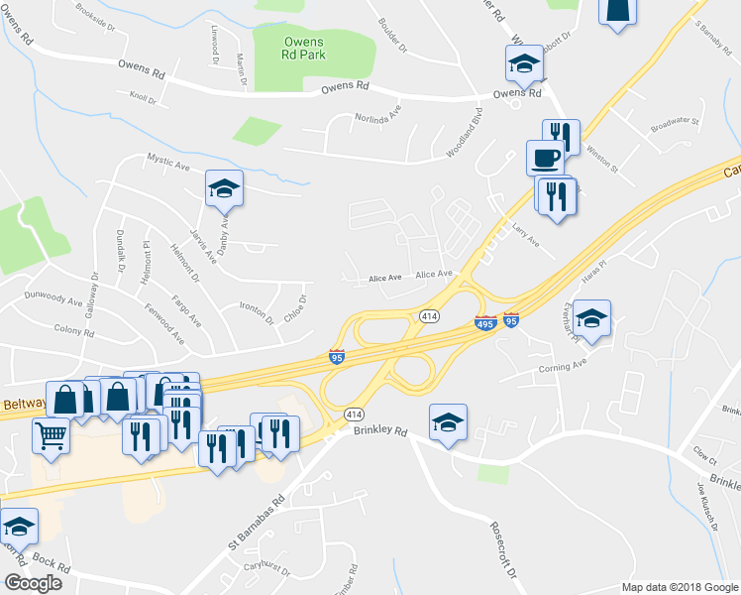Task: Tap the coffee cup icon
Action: (x=545, y=158)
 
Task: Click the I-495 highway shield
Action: (x=485, y=323)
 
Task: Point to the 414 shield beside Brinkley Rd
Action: (x=354, y=413)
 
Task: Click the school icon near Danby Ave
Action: (x=224, y=187)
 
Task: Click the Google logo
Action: (x=34, y=583)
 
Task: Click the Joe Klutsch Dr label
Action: (x=706, y=505)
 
